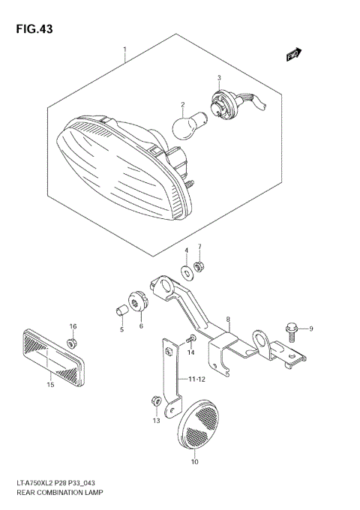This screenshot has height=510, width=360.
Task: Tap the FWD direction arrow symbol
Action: pos(293,54)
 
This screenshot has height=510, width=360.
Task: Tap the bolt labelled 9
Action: pos(292,328)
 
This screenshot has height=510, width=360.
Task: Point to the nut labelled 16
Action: pos(73,343)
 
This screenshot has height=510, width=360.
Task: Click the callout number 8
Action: pos(229,318)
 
